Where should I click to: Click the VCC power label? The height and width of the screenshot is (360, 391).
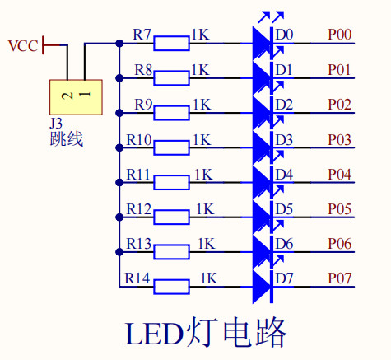tap(23, 46)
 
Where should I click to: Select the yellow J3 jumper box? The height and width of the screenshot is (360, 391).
tap(76, 97)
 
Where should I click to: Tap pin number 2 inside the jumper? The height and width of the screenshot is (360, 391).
tap(67, 96)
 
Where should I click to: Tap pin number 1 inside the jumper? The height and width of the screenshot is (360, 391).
tap(85, 94)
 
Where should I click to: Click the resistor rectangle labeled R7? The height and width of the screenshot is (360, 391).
tap(171, 44)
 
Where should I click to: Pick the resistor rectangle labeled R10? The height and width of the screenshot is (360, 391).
tap(171, 147)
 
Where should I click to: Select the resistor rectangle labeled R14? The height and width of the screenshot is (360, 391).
tap(171, 287)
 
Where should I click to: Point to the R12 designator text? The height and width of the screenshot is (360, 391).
tap(139, 209)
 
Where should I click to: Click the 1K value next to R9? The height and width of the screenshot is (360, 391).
tap(202, 105)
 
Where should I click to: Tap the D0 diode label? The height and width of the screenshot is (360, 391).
tap(284, 35)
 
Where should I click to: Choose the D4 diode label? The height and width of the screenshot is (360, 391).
tap(284, 175)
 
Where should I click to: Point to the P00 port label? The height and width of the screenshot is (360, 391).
tap(340, 35)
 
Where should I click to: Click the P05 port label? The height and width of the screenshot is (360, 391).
tap(340, 209)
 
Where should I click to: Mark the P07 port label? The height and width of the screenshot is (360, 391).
tap(340, 278)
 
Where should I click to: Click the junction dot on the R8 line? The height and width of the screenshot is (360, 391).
tap(119, 78)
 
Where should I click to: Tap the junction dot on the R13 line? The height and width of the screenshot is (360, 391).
tap(119, 252)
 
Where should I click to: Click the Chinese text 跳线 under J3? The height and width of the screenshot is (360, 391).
tap(67, 139)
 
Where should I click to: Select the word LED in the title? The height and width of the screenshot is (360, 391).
tap(155, 334)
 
